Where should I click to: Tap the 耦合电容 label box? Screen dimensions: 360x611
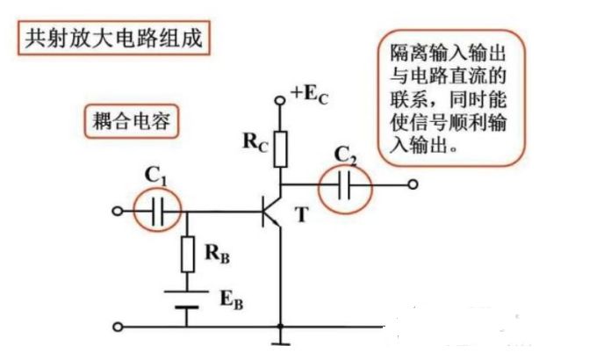[x=130, y=122]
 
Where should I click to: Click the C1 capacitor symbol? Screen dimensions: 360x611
[x=159, y=212]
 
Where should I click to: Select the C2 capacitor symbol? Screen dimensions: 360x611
[x=344, y=185]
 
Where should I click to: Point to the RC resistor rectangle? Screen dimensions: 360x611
[x=281, y=149]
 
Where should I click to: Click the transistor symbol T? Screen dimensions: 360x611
[x=273, y=212]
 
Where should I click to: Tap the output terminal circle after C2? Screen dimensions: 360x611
[x=413, y=185]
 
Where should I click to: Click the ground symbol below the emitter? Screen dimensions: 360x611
[x=281, y=335]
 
